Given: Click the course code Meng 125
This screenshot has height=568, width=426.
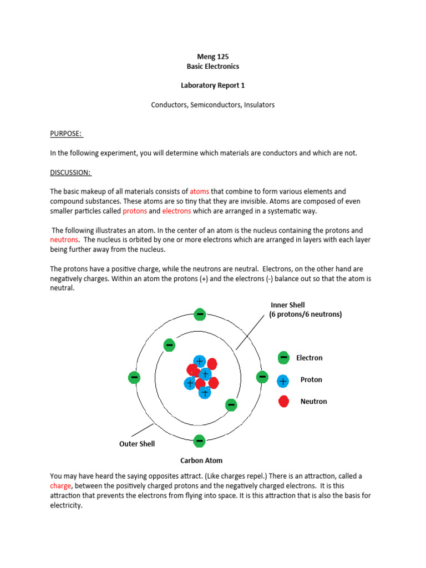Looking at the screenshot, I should pyautogui.click(x=213, y=57).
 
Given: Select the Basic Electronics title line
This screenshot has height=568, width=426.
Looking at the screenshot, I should pyautogui.click(x=213, y=66).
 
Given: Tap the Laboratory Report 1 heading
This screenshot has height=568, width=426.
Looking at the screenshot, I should pyautogui.click(x=213, y=85).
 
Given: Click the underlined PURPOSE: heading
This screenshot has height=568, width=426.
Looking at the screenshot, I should pyautogui.click(x=66, y=134).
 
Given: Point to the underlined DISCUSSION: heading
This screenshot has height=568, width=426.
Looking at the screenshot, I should pyautogui.click(x=70, y=173).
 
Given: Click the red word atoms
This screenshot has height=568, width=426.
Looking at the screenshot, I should pyautogui.click(x=199, y=191).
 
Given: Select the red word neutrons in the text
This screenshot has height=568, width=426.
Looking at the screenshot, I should pyautogui.click(x=64, y=240).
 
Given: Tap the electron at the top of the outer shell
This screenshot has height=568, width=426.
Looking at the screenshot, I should pyautogui.click(x=200, y=315).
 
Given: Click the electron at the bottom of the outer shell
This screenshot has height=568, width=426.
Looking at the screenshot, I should pyautogui.click(x=199, y=442).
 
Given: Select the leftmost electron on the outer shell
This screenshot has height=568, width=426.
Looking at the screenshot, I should pyautogui.click(x=134, y=377).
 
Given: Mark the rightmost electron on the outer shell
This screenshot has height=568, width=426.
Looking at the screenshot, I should pyautogui.click(x=262, y=377).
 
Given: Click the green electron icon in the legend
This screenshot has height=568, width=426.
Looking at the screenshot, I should pyautogui.click(x=283, y=358).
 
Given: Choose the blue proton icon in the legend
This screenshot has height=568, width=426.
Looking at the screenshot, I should pyautogui.click(x=283, y=381).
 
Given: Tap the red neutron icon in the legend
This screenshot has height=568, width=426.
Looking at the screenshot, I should pyautogui.click(x=283, y=401).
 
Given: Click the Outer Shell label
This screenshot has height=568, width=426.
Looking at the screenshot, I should pyautogui.click(x=137, y=444).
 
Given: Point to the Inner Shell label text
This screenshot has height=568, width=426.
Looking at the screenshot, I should pyautogui.click(x=287, y=305).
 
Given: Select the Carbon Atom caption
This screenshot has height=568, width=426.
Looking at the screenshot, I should pyautogui.click(x=201, y=460).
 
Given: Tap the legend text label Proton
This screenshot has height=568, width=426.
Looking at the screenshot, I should pyautogui.click(x=311, y=380).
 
